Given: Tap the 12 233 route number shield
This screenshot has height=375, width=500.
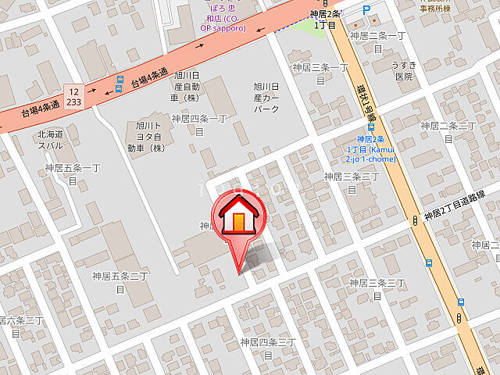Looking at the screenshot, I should coord(73,96).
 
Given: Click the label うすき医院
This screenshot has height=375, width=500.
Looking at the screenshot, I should coord(403,71).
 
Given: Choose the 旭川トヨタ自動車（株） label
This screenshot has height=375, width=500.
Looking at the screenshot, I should coord(147,136).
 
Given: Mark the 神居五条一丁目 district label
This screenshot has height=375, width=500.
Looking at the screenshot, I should coord(73,173).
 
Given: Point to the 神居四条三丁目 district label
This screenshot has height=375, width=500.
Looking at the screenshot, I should coord(267,348).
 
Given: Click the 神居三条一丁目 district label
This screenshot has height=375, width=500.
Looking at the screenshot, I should coord(319,73).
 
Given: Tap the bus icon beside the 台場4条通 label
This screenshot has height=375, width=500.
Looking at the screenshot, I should coord(119,84).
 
